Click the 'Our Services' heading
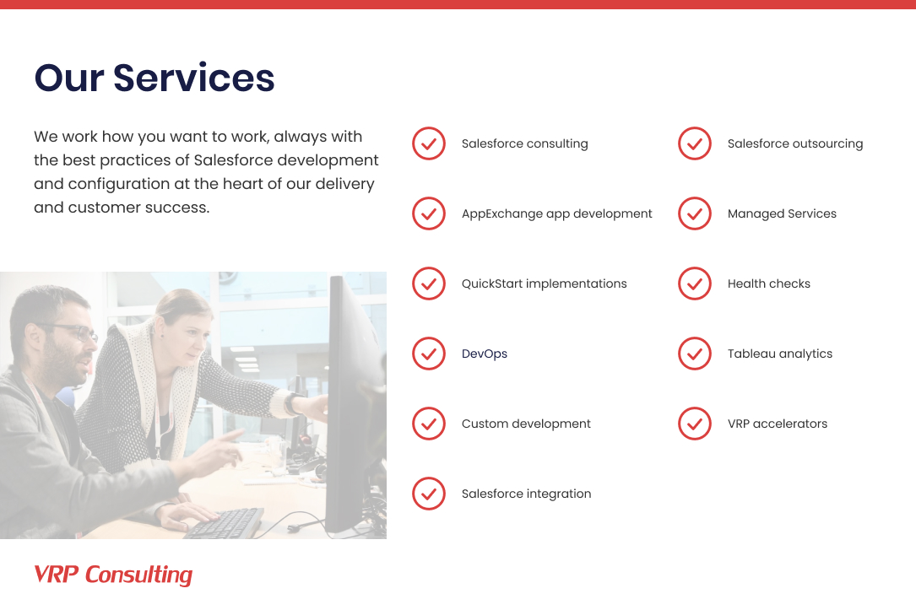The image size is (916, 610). pyautogui.click(x=154, y=78)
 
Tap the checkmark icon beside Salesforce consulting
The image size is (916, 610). pyautogui.click(x=429, y=143)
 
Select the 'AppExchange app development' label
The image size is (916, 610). pyautogui.click(x=556, y=213)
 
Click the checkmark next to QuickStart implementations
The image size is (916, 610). pyautogui.click(x=429, y=283)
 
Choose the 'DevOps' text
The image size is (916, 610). pyautogui.click(x=485, y=354)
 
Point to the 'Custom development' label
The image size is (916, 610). pyautogui.click(x=526, y=424)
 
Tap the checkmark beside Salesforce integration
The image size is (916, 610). pyautogui.click(x=429, y=494)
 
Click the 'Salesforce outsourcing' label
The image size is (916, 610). pyautogui.click(x=795, y=143)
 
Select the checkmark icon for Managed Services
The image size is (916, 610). pyautogui.click(x=695, y=213)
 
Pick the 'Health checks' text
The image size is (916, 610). pyautogui.click(x=768, y=283)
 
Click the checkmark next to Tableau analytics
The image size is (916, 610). pyautogui.click(x=695, y=354)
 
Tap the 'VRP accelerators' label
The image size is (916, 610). pyautogui.click(x=777, y=424)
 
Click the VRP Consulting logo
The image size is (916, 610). pyautogui.click(x=113, y=575)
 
